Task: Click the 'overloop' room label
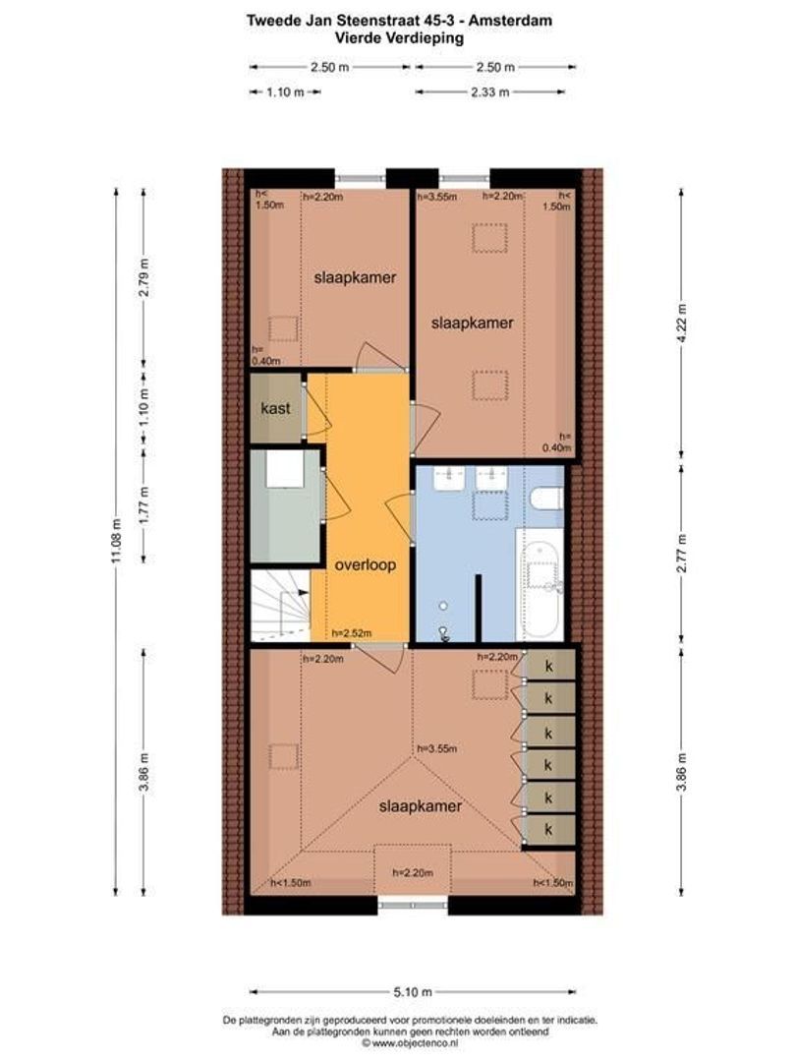[x=365, y=564]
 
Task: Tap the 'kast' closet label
[x=275, y=408]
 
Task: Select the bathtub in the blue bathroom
[x=540, y=584]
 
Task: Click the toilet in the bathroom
[x=547, y=499]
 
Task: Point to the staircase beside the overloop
[x=280, y=606]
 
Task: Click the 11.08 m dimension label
[x=117, y=540]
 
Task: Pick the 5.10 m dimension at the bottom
[x=413, y=992]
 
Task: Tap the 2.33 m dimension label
[x=490, y=92]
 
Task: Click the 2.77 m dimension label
[x=682, y=554]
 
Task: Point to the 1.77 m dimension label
[x=143, y=503]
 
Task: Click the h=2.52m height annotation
[x=351, y=634]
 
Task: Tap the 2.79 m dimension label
[x=143, y=277]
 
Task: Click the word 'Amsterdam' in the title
[x=510, y=21]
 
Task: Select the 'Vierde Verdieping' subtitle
[x=399, y=38]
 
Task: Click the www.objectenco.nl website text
[x=415, y=1043]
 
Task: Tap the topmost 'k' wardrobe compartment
[x=549, y=667]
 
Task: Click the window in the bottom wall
[x=412, y=905]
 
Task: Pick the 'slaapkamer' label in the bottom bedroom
[x=421, y=806]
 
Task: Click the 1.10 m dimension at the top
[x=285, y=92]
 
